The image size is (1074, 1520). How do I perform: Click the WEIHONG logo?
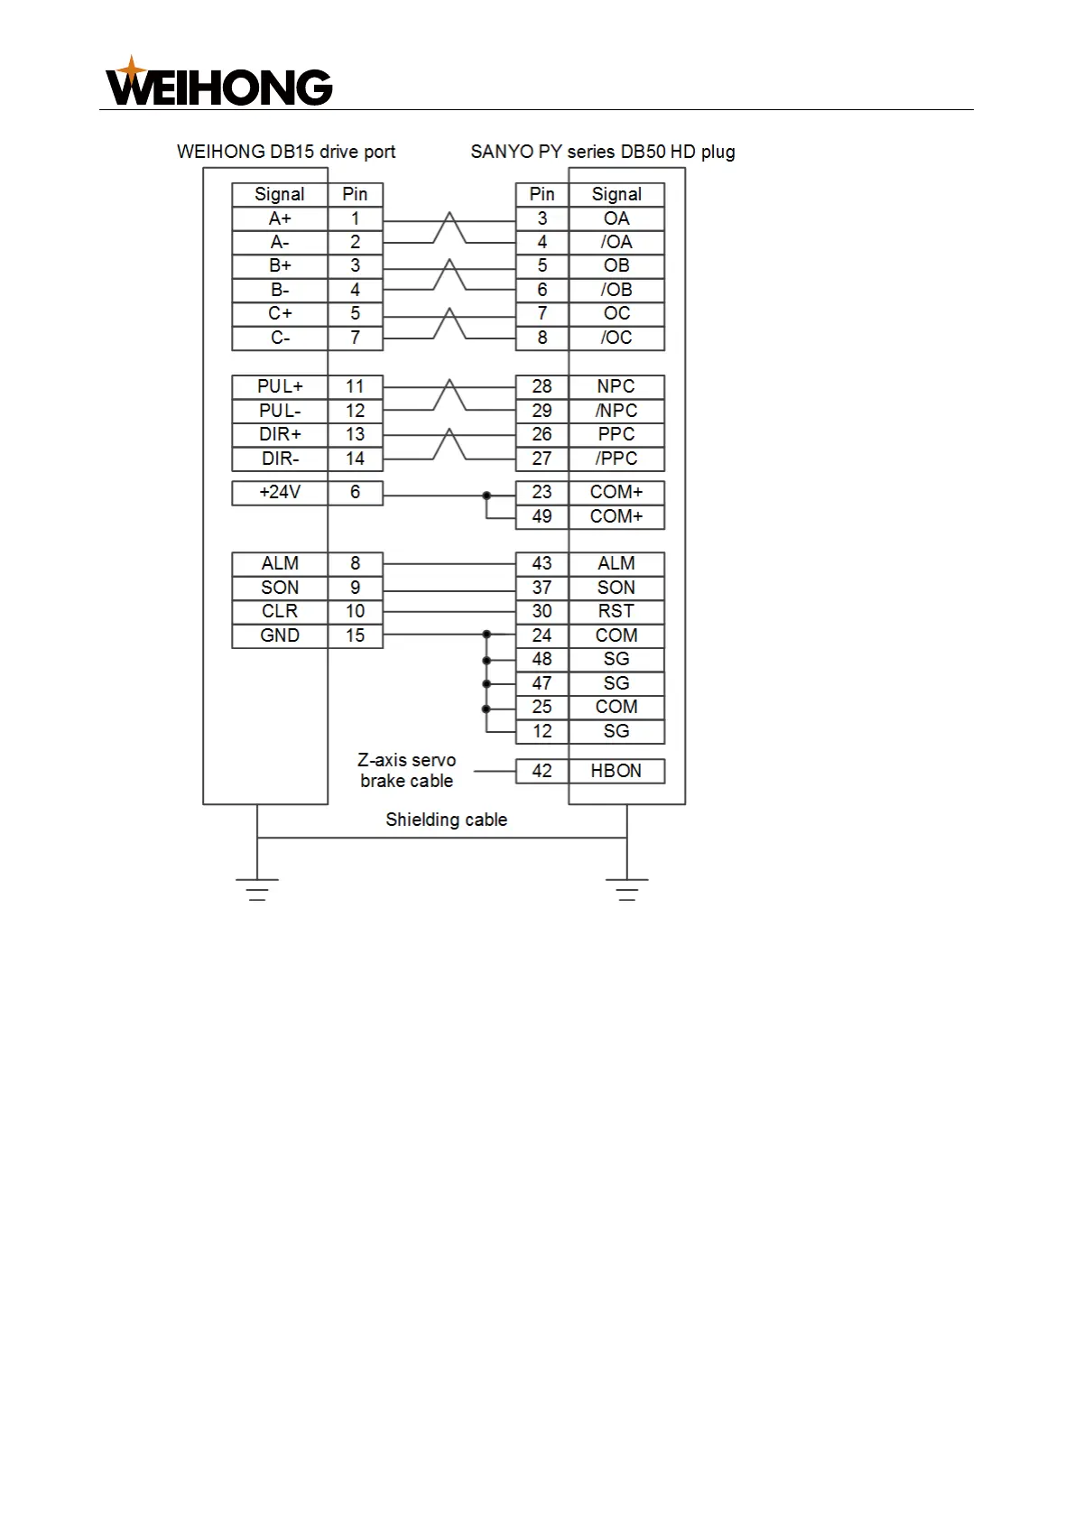[x=219, y=82]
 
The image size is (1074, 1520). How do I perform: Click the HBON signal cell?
[x=616, y=771]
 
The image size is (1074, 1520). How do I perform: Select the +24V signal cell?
[x=280, y=493]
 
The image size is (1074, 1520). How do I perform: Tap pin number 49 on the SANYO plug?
[x=542, y=516]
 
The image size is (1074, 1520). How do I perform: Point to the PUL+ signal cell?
[x=280, y=386]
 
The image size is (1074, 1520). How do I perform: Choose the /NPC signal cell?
[x=616, y=411]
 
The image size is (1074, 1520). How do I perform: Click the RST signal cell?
[x=616, y=611]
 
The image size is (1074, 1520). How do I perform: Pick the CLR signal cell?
[x=280, y=611]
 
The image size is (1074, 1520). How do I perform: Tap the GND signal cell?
[x=280, y=635]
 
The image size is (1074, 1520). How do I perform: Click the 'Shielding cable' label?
[x=446, y=820]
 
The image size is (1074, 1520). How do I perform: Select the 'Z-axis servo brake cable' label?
[x=407, y=771]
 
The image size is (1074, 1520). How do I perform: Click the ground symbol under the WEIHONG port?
[x=257, y=889]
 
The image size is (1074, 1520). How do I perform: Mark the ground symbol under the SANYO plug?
[x=627, y=889]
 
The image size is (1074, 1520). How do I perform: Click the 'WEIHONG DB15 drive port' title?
[x=286, y=152]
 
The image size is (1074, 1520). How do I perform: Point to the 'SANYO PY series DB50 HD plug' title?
[x=603, y=152]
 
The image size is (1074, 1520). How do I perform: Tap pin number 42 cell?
[x=542, y=771]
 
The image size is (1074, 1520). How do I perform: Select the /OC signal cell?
[x=616, y=338]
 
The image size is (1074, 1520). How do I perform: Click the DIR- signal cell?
[x=280, y=459]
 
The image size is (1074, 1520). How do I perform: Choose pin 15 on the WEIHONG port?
[x=355, y=635]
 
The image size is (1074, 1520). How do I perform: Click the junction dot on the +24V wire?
[x=486, y=496]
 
